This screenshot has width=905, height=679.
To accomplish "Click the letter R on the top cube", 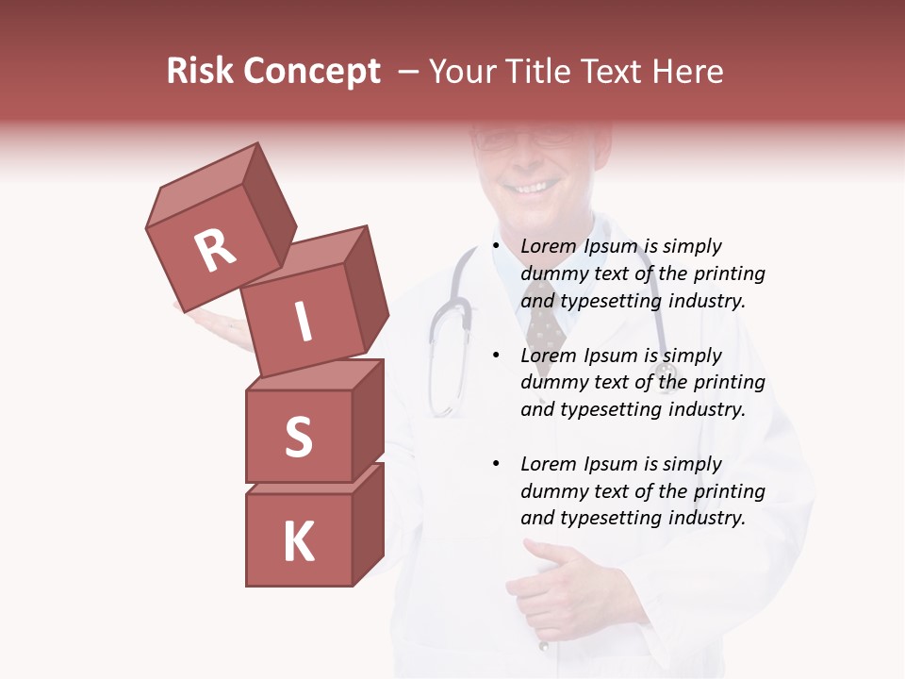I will [x=216, y=251].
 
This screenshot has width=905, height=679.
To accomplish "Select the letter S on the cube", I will [x=298, y=437].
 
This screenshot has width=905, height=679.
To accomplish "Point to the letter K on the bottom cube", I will [x=298, y=541].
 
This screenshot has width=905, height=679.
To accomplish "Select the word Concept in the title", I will [x=312, y=72].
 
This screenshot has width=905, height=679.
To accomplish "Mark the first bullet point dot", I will [x=497, y=247].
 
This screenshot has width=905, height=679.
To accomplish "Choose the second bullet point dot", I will [x=497, y=356].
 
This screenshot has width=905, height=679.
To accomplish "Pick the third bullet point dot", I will [x=497, y=465].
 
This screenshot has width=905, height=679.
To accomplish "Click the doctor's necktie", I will [x=545, y=325].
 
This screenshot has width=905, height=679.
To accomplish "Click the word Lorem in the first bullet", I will [x=546, y=247].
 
